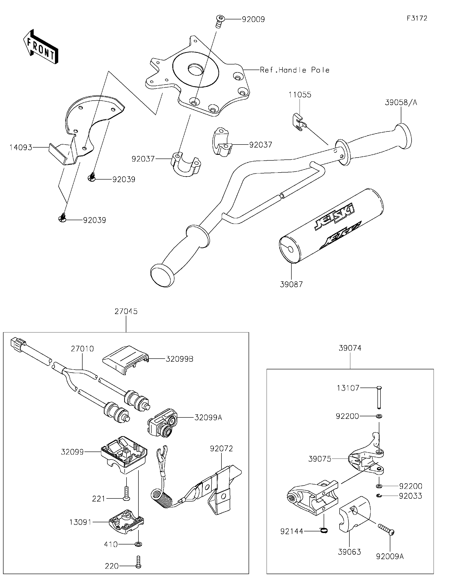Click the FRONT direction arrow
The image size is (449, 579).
pos(41,47)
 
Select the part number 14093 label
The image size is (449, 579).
pos(21,147)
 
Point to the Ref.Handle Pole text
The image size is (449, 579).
pos(295,70)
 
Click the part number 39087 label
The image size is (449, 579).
pos(291,284)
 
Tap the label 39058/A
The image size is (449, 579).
pos(401,102)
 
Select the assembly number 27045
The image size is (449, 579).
pos(126,311)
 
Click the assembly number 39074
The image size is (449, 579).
pos(350,348)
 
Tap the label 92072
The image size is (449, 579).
pos(221,448)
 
